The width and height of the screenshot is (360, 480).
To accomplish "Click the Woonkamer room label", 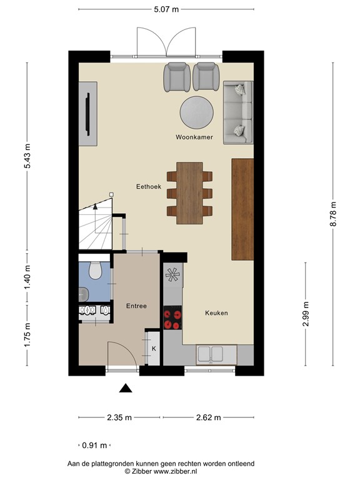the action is point(194,137).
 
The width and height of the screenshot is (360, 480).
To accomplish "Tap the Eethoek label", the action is point(149,186).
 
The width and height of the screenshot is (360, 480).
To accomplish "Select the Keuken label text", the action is point(216,313).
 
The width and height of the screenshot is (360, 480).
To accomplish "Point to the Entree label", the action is point(136,306).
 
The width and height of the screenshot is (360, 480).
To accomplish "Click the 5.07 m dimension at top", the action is point(166,9).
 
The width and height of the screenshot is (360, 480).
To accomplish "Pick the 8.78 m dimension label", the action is point(333,214).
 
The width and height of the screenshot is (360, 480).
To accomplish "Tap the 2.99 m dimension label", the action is point(306,314).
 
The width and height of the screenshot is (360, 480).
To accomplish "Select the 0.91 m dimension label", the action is point(94,445).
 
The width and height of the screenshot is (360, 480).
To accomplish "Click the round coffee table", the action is point(196,112).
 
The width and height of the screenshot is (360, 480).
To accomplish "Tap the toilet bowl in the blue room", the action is point(95,270).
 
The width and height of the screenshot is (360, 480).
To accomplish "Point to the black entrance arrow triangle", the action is point(126,388).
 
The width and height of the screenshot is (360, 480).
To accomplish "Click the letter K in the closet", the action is point(154,349).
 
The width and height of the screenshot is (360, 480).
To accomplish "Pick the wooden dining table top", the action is point(189,193).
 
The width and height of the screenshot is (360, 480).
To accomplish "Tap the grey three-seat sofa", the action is point(238,112).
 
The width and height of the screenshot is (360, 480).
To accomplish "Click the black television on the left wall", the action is point(87,114).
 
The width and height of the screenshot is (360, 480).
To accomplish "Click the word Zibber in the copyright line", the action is point(142,471).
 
